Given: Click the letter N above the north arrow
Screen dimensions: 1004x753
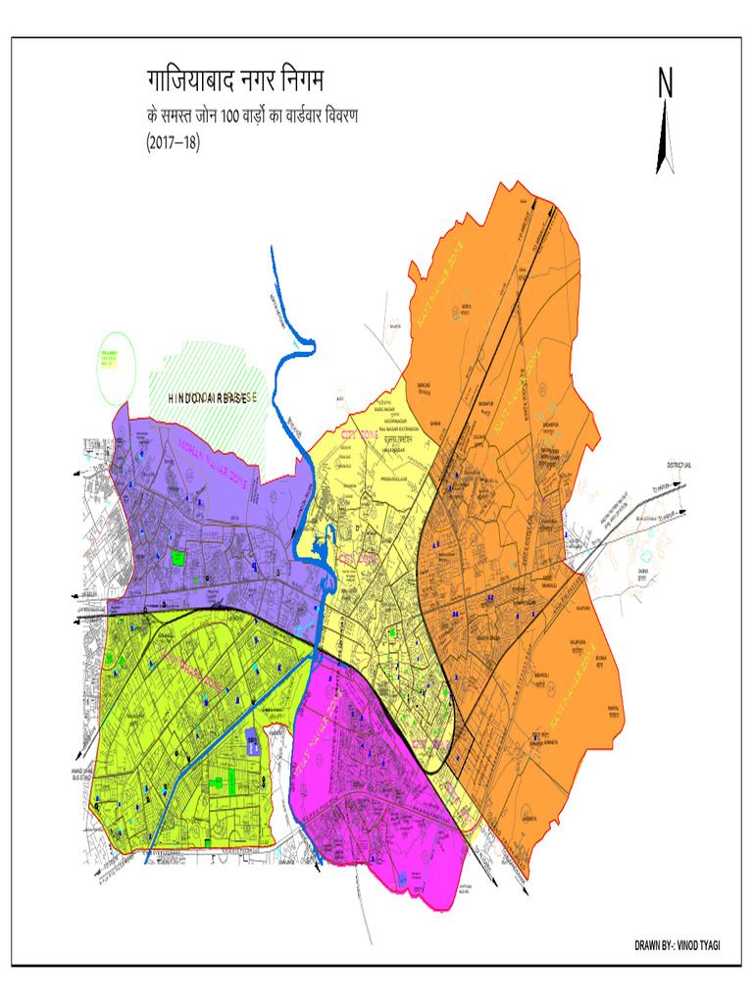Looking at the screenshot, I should point(665,84).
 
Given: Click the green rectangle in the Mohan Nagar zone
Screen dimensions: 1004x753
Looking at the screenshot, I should point(177,558).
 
